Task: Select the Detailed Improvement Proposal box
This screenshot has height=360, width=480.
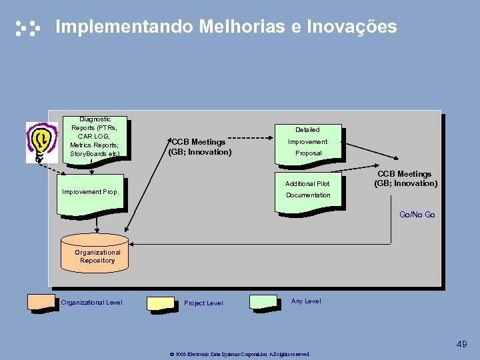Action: point(307,141)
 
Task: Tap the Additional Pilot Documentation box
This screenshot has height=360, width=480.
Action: point(308,191)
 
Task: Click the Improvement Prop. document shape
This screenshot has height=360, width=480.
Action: point(91,194)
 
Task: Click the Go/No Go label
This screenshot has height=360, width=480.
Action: point(417,215)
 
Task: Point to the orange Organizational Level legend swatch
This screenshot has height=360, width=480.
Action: point(41,301)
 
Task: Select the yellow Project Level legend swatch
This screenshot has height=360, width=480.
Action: point(161,303)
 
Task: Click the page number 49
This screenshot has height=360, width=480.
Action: point(462,344)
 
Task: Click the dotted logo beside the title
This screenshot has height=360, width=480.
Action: point(28,28)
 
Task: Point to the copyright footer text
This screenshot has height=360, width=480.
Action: point(239,354)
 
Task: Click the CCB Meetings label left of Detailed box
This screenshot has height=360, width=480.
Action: point(200,147)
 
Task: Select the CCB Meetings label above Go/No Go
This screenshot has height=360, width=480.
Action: point(405,179)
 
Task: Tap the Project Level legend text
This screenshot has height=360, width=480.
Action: point(203,303)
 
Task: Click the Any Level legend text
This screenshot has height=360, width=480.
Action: point(306,301)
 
